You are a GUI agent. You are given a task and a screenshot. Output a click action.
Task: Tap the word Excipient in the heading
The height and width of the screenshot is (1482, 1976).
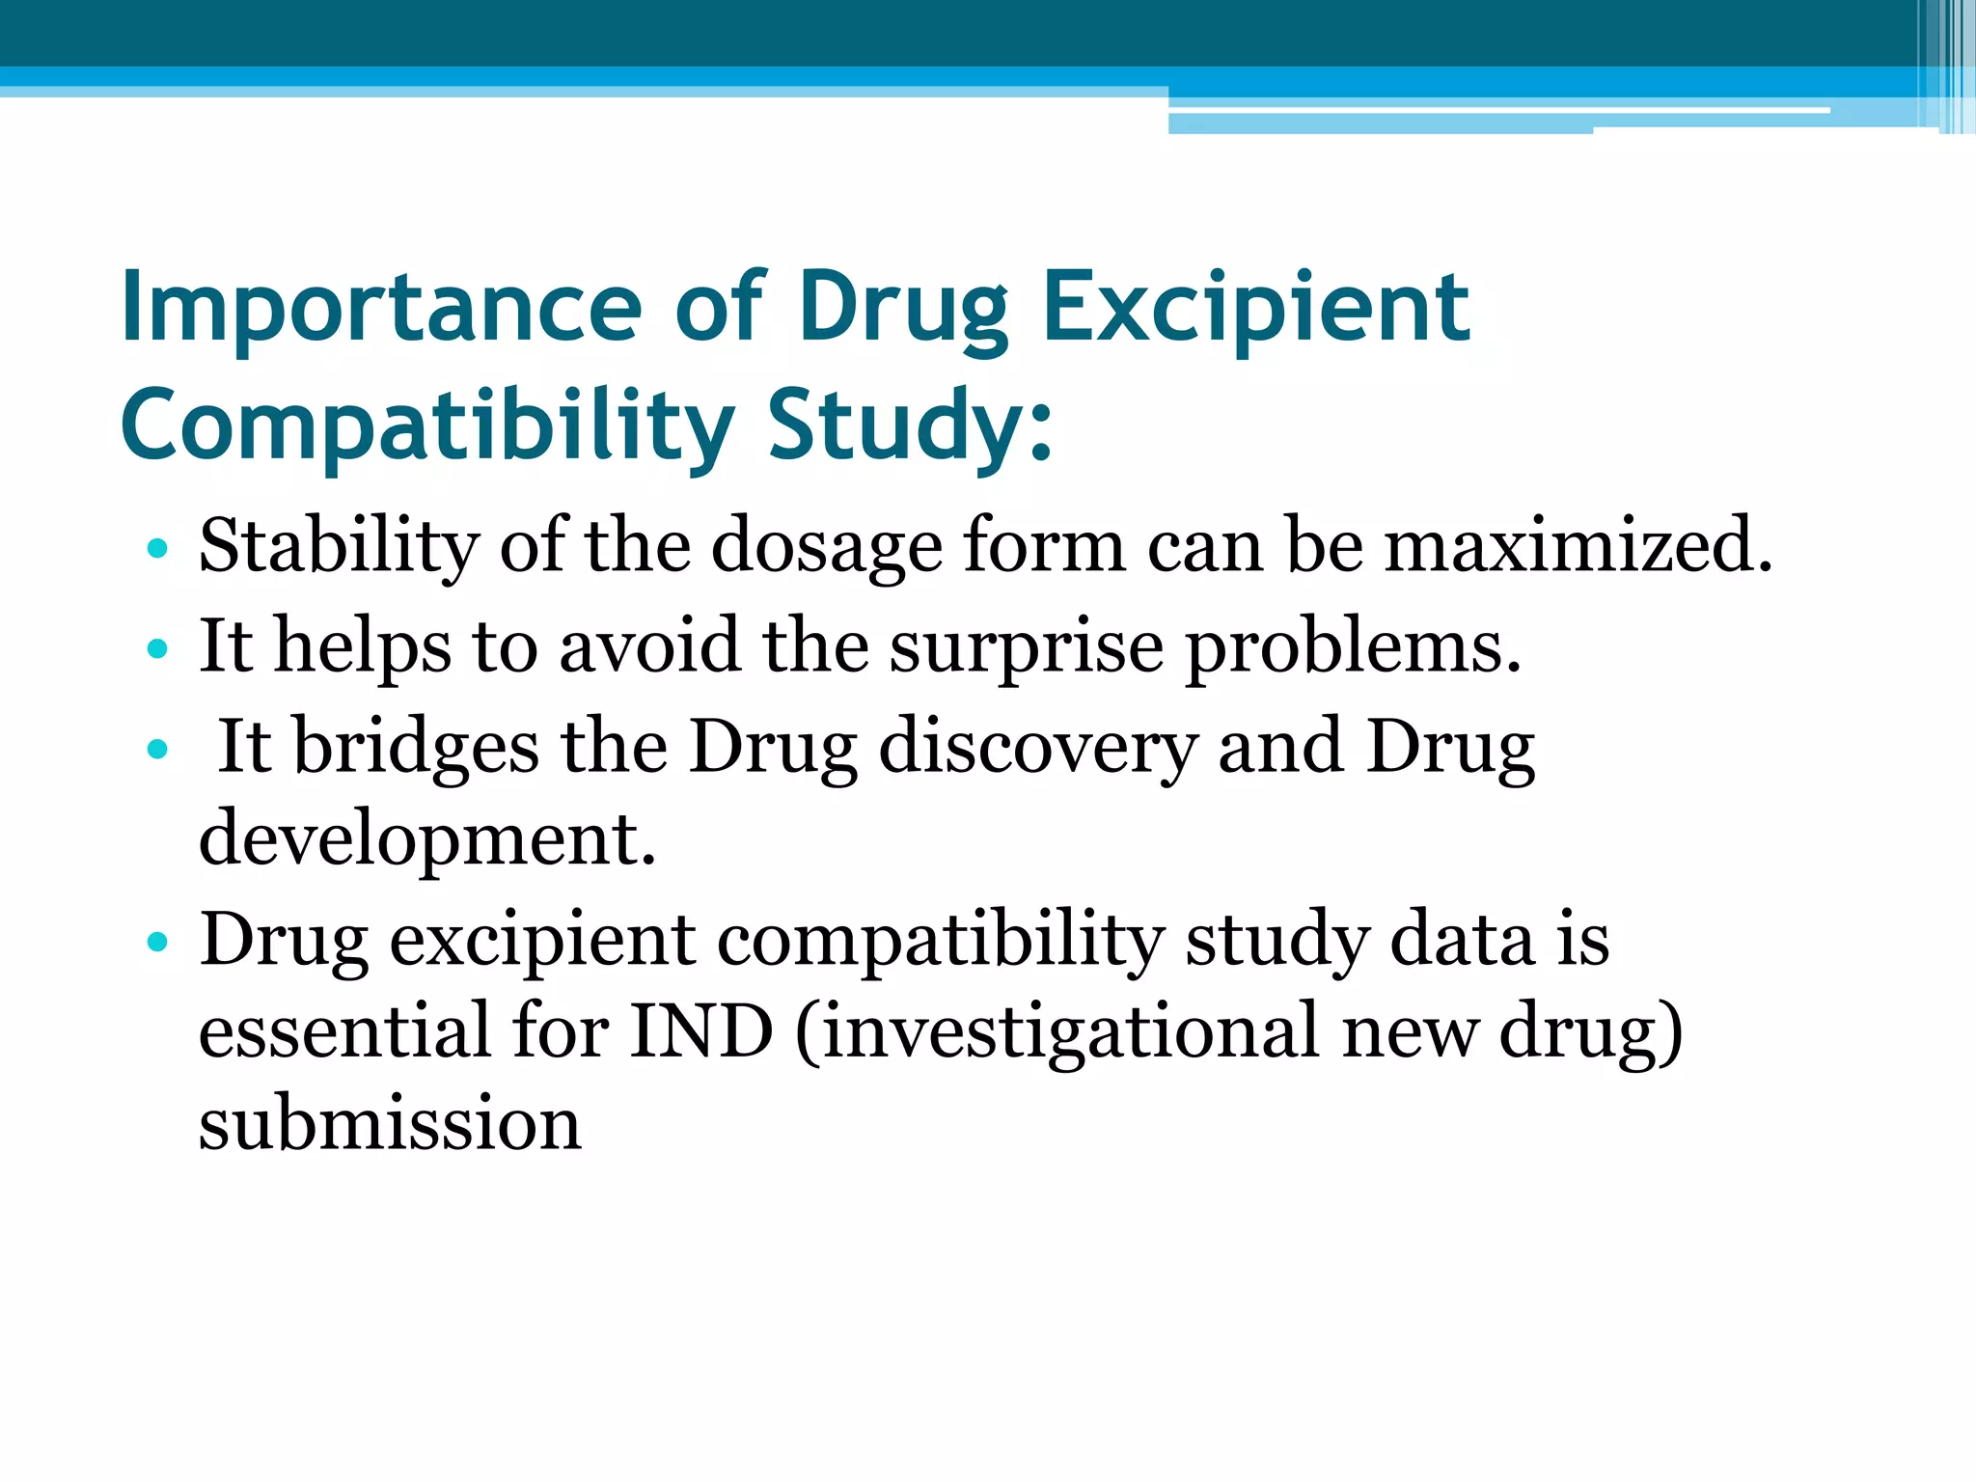[x=1256, y=308]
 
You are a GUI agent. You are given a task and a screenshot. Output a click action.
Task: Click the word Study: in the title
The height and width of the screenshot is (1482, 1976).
[x=910, y=425]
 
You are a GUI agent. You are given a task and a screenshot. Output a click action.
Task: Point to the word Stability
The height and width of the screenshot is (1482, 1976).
[x=338, y=545]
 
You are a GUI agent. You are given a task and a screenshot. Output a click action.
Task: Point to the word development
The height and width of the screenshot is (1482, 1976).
[x=427, y=838]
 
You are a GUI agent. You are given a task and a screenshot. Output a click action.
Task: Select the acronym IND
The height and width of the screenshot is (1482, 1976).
[x=701, y=1031]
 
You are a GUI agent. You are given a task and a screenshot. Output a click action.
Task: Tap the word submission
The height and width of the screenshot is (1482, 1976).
[x=390, y=1124]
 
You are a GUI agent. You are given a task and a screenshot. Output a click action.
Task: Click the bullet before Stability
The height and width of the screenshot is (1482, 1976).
[x=157, y=549]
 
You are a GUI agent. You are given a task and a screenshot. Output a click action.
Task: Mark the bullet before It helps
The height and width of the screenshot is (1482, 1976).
[x=157, y=649]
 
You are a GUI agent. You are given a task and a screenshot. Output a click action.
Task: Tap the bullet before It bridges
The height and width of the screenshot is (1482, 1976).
[x=157, y=750]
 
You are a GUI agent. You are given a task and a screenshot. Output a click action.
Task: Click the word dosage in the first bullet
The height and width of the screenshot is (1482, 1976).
[x=827, y=547]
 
